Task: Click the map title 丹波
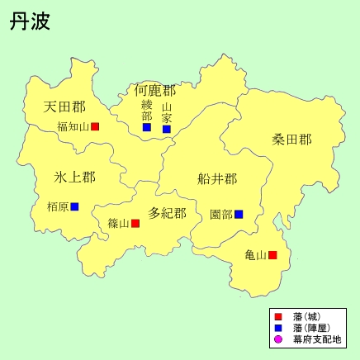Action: tap(31, 21)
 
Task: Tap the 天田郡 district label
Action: tap(64, 107)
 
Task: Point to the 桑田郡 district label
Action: tap(292, 140)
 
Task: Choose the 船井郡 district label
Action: tap(217, 178)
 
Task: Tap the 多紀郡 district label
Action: tap(167, 213)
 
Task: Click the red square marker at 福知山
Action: tap(95, 126)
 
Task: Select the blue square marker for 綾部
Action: tap(147, 127)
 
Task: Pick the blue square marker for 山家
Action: tap(167, 129)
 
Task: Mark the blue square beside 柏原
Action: tap(74, 206)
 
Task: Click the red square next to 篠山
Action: tap(135, 223)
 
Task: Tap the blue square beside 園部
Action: tap(239, 214)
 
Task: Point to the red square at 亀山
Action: tap(272, 255)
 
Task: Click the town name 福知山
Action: tap(73, 127)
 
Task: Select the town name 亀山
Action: tap(256, 255)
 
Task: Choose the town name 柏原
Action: tap(58, 206)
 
